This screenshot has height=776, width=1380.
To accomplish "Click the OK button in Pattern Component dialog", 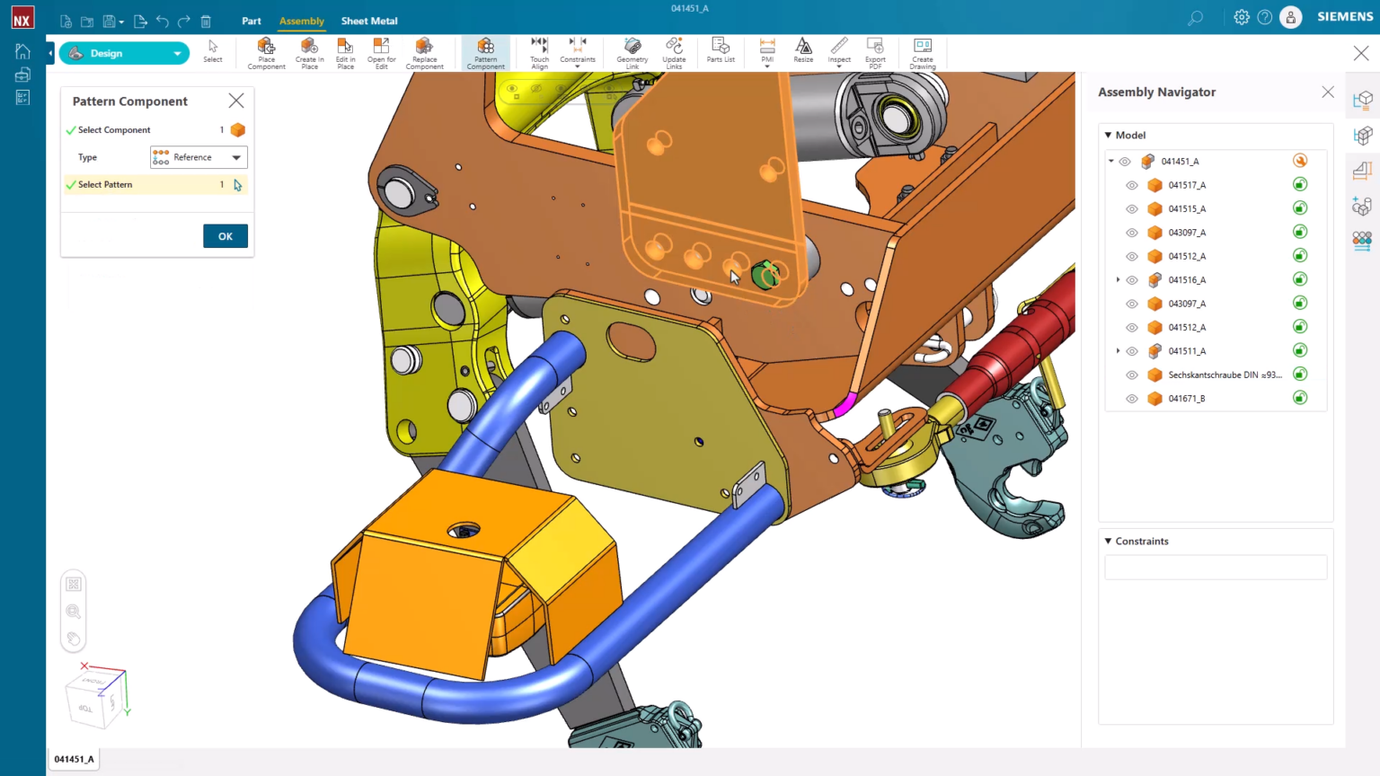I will point(226,236).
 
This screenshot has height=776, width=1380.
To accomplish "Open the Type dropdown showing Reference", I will point(199,157).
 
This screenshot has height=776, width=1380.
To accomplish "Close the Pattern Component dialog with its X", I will point(236,101).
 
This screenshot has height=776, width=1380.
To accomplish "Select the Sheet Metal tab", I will point(369,21).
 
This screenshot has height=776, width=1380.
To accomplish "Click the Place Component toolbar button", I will point(266,53).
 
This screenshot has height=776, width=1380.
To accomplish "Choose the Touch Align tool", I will point(539,53).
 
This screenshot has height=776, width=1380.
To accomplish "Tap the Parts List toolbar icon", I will point(721,50).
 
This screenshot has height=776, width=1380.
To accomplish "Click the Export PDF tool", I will point(875,53).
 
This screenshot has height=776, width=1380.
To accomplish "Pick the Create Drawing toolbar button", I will point(922,53).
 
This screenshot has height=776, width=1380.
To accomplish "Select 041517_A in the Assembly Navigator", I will point(1187,185).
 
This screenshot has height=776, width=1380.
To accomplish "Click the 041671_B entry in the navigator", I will point(1187,399).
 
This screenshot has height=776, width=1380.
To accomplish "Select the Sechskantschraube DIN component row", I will point(1225,375).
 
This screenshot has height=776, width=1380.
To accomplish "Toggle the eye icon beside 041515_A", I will point(1132,209).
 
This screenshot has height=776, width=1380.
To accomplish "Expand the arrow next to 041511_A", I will point(1119,351).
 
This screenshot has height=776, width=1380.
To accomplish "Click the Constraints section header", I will point(1142,542).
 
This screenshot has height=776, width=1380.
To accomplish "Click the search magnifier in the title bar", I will point(1195,18).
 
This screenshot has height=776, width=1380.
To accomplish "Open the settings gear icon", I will point(1242,17).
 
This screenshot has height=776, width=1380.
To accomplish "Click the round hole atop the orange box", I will point(464,530).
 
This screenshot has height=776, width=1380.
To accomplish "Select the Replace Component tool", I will point(424,53).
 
